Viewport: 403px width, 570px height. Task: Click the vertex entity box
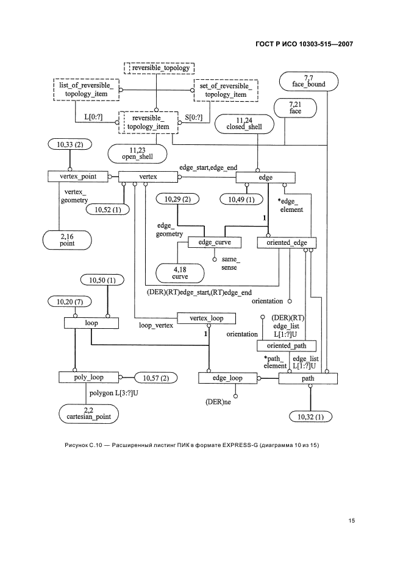(x=148, y=177)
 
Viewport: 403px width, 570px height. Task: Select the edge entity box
(x=266, y=177)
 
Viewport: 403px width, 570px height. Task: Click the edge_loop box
(x=227, y=378)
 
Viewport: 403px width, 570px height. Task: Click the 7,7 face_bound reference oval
(x=308, y=80)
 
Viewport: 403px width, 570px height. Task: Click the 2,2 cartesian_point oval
(x=89, y=413)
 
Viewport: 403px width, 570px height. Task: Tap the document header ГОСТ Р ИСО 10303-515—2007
(x=308, y=43)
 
